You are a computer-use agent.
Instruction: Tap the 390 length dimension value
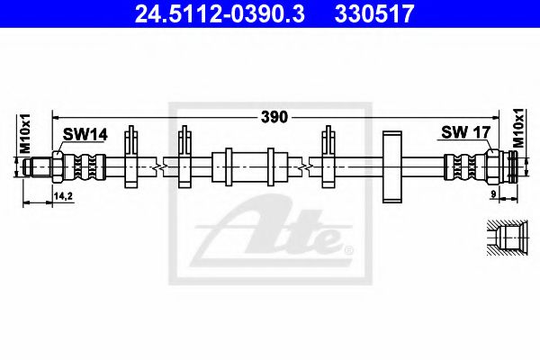[x=274, y=116]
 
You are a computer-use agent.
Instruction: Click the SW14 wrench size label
[x=85, y=134]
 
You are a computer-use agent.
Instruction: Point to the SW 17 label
[x=464, y=133]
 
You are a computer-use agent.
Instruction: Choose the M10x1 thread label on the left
[x=25, y=134]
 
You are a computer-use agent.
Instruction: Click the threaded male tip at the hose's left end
[x=39, y=167]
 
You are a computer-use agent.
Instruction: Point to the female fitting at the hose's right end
[x=504, y=167]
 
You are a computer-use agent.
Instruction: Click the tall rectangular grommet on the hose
[x=391, y=167]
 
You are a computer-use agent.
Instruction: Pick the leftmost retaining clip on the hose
[x=131, y=157]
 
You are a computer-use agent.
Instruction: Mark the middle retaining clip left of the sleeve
[x=185, y=157]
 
